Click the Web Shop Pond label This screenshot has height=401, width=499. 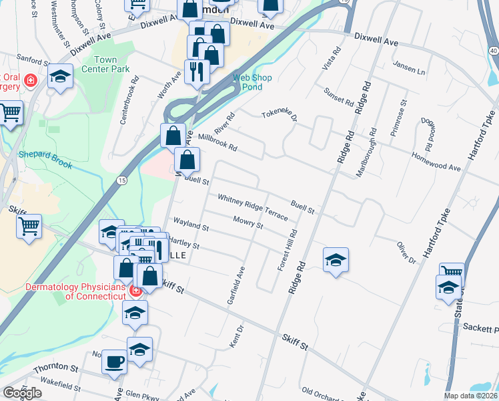(x=252, y=82)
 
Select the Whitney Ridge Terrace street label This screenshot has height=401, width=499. (x=253, y=207)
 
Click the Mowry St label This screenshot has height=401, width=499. (x=247, y=222)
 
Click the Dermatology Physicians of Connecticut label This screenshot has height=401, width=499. (x=75, y=291)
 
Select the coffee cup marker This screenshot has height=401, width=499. (x=114, y=361)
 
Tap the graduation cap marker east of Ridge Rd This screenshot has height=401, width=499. (x=336, y=259)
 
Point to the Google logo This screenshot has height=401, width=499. (x=22, y=393)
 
